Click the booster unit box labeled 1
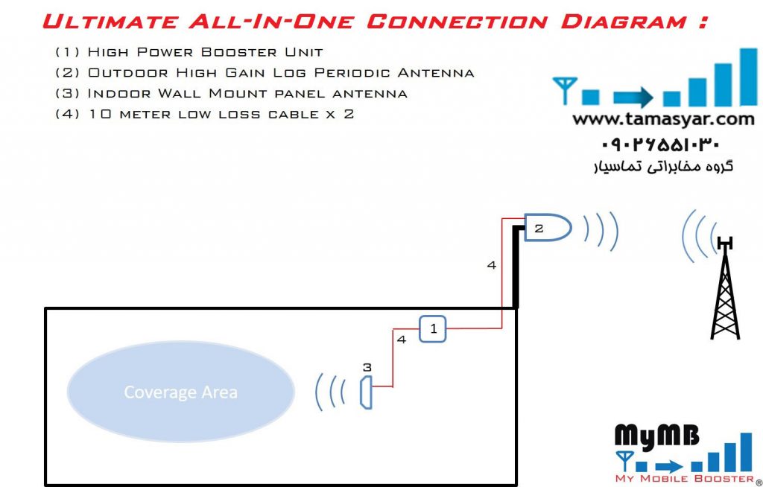(x=432, y=328)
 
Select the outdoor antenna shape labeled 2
(x=546, y=226)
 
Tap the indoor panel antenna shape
(x=365, y=392)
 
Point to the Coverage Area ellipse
(x=180, y=392)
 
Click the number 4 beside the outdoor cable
(x=491, y=264)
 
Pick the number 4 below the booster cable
(x=402, y=340)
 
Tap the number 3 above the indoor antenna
(x=367, y=367)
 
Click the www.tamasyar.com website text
(x=663, y=119)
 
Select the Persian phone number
(x=659, y=144)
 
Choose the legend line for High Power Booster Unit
(x=189, y=52)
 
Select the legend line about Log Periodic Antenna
(x=265, y=73)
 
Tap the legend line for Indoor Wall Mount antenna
(x=231, y=94)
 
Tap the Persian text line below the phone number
(x=662, y=166)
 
